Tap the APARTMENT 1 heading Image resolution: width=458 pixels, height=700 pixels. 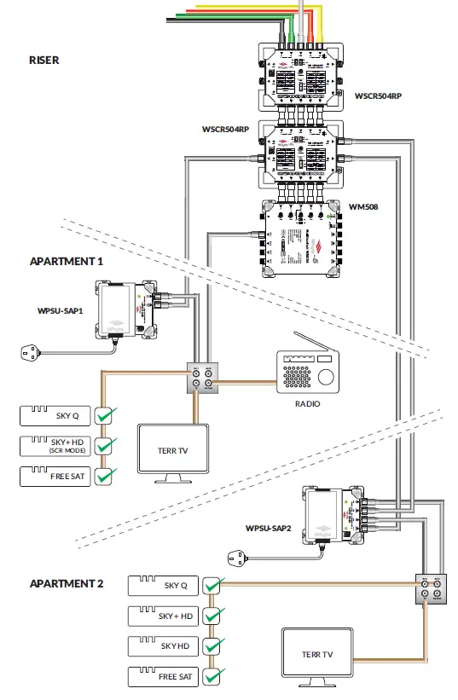[x=67, y=262]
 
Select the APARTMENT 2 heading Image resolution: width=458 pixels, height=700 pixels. [x=67, y=583]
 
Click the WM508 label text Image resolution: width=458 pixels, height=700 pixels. [x=364, y=207]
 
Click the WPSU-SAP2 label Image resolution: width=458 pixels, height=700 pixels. [x=268, y=529]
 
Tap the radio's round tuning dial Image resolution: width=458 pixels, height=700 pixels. [x=327, y=377]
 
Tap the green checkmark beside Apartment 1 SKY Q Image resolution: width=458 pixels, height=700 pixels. [x=106, y=415]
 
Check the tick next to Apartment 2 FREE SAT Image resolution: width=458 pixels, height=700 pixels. [x=214, y=677]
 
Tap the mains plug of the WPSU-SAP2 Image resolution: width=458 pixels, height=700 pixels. [x=239, y=559]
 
